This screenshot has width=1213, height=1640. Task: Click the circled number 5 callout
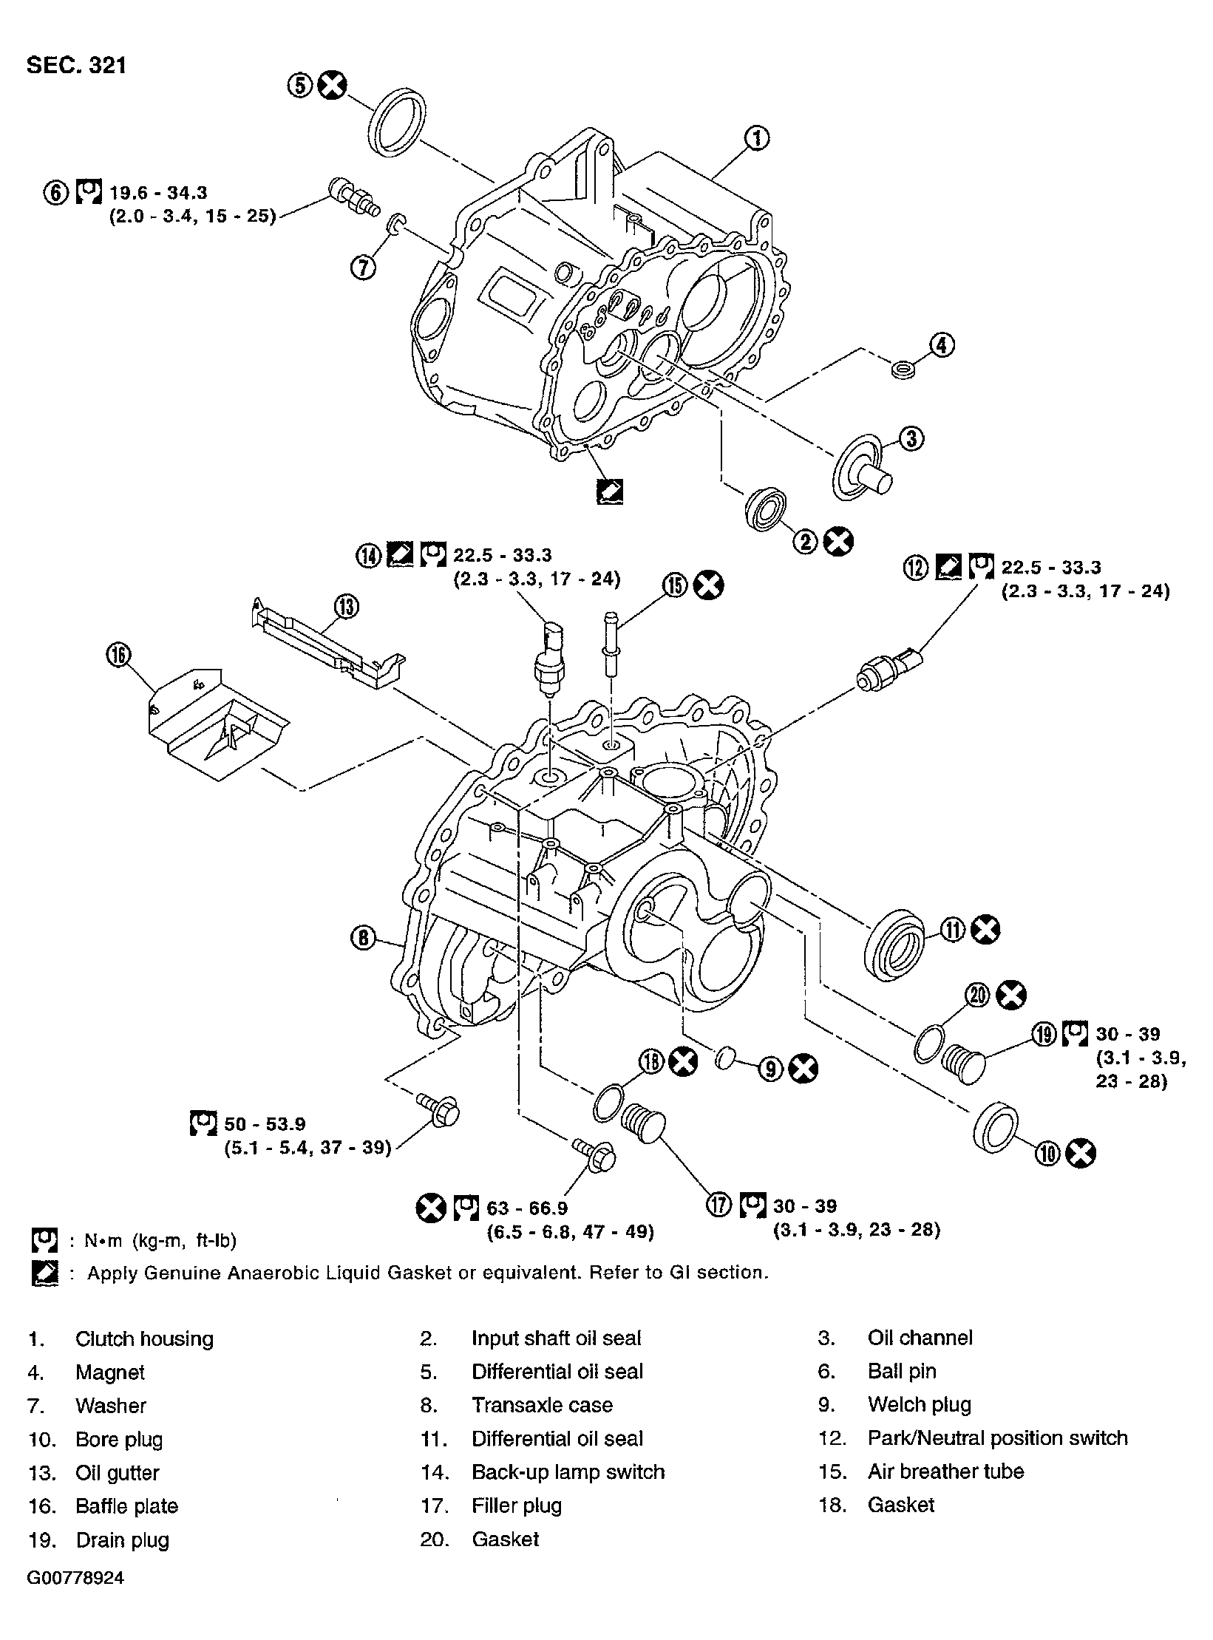pyautogui.click(x=300, y=86)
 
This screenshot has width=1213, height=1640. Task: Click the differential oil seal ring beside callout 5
pyautogui.click(x=396, y=122)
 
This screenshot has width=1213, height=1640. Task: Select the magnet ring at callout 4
pyautogui.click(x=902, y=369)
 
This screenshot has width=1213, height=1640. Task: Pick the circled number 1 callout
pyautogui.click(x=757, y=138)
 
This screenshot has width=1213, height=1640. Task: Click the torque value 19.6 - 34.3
pyautogui.click(x=158, y=193)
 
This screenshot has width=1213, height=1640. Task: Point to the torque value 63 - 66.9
pyautogui.click(x=526, y=1208)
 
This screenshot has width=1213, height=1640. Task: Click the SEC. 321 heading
pyautogui.click(x=76, y=66)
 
